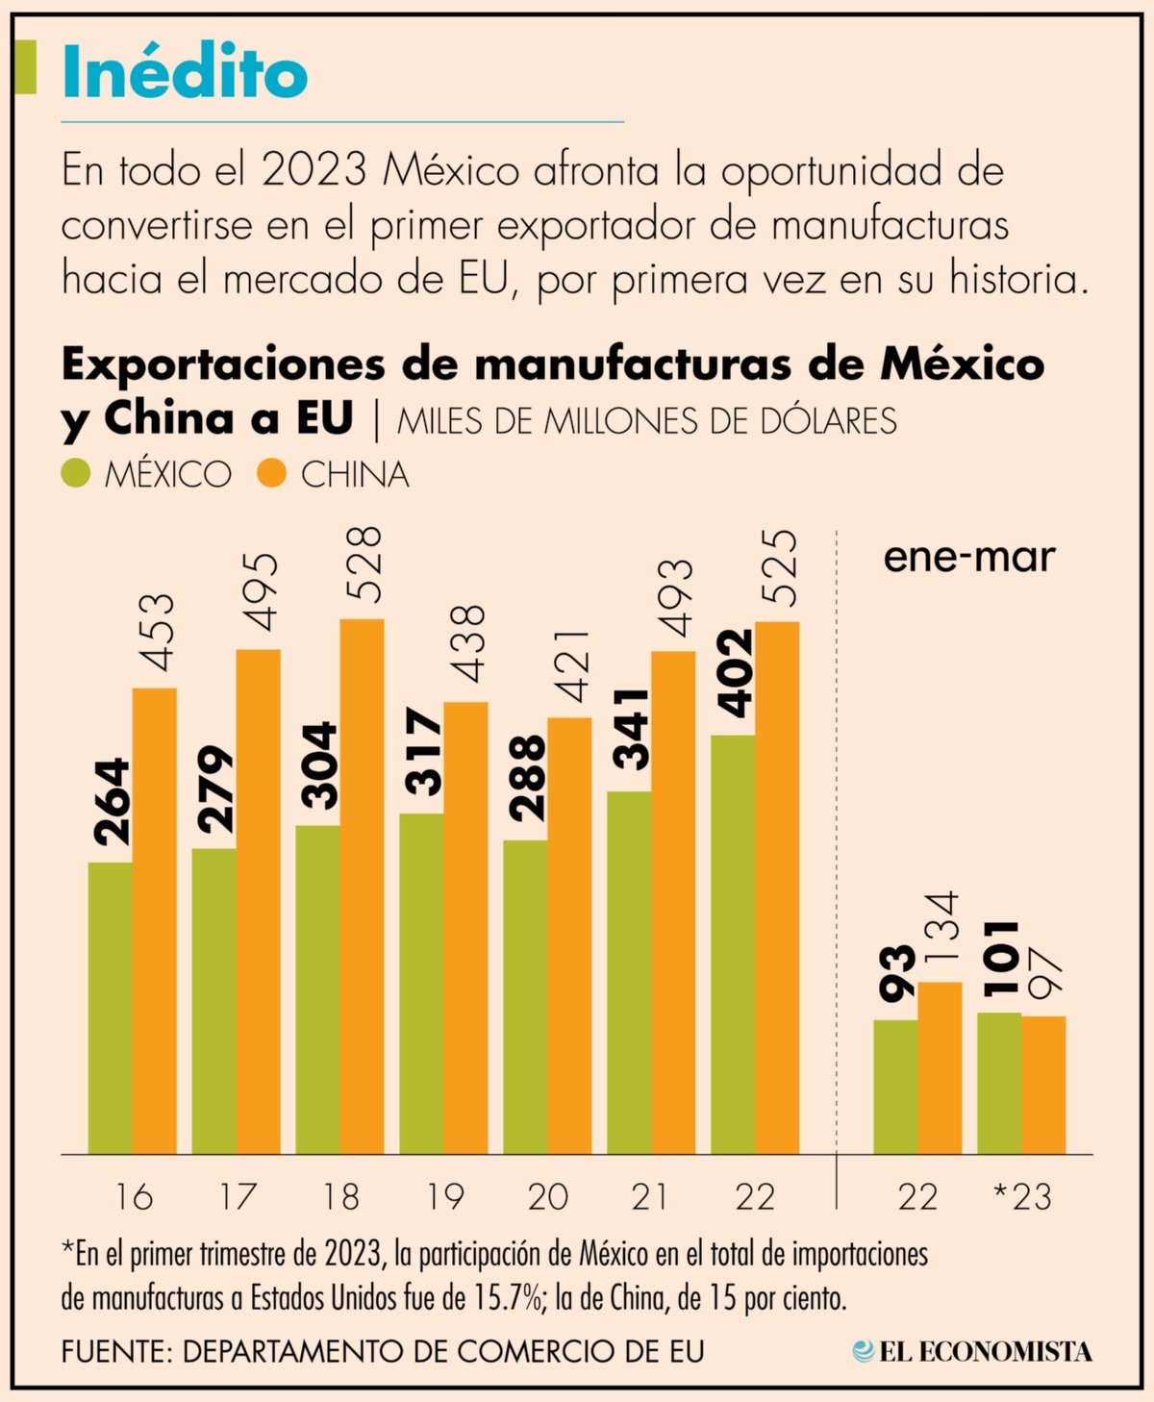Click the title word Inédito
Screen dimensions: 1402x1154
(185, 74)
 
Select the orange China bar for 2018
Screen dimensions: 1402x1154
(362, 885)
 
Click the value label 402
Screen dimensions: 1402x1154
(736, 673)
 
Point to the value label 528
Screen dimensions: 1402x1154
(364, 564)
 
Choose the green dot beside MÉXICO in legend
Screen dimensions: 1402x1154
(75, 473)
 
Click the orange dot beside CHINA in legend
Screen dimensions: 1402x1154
(272, 473)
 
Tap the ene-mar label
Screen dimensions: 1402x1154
(968, 558)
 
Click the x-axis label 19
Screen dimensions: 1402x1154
(444, 1197)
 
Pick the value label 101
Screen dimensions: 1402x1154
(1000, 959)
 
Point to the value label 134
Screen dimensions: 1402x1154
(942, 929)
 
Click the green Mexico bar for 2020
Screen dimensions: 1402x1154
(525, 996)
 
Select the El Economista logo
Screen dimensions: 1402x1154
(971, 1351)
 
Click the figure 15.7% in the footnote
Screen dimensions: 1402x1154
(508, 1299)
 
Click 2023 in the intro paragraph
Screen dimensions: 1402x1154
(314, 171)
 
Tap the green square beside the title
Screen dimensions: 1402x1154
(27, 67)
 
